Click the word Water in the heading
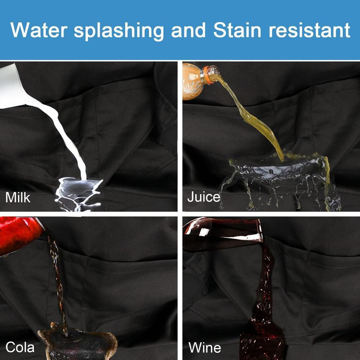39,30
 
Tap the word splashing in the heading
119,31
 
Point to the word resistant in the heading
309,30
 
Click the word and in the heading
188,30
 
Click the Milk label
18,197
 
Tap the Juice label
204,197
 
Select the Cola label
20,347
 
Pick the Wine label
204,347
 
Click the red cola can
19,235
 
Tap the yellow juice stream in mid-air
253,117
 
